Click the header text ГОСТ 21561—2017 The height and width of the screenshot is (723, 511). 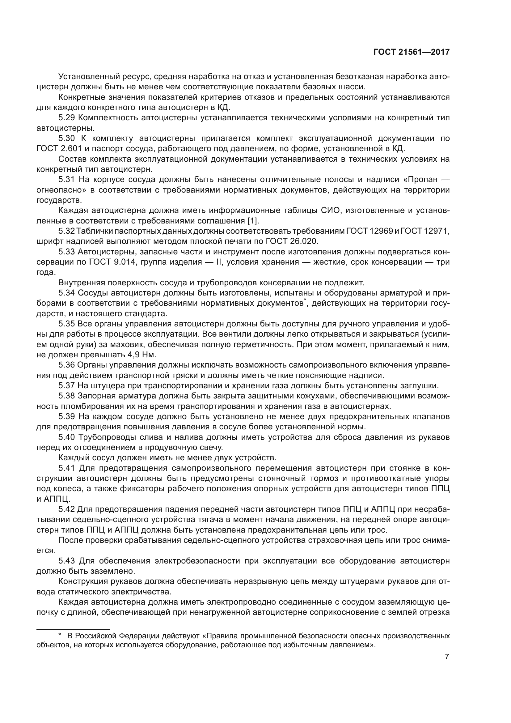(412, 52)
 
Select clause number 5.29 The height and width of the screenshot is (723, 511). (67, 118)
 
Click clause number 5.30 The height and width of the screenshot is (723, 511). (67, 138)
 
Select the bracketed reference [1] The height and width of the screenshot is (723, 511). (253, 221)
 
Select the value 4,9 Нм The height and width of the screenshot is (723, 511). (141, 355)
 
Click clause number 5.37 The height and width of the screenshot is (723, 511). (67, 385)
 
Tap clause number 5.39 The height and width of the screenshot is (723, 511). (67, 416)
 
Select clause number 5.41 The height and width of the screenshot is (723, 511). (67, 468)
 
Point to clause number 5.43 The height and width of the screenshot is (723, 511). (67, 560)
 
